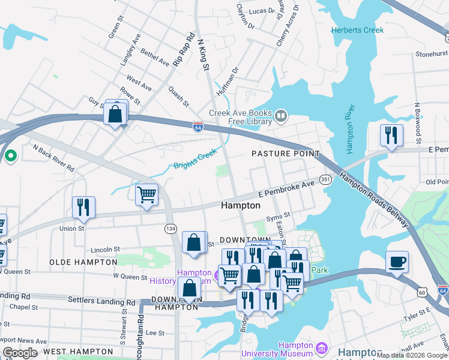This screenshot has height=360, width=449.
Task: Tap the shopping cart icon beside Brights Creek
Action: tap(146, 195)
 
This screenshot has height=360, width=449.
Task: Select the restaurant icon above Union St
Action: tap(83, 207)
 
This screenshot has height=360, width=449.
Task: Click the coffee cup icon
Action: tap(397, 262)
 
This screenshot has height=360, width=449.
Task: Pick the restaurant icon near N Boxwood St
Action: tap(391, 135)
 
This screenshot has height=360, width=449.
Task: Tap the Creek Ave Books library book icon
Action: tap(280, 115)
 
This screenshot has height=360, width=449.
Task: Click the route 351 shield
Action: tap(325, 179)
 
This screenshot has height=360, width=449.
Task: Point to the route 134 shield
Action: tap(170, 228)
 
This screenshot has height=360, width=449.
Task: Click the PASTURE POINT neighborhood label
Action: tap(285, 154)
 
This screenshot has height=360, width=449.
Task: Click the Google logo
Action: tap(20, 352)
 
